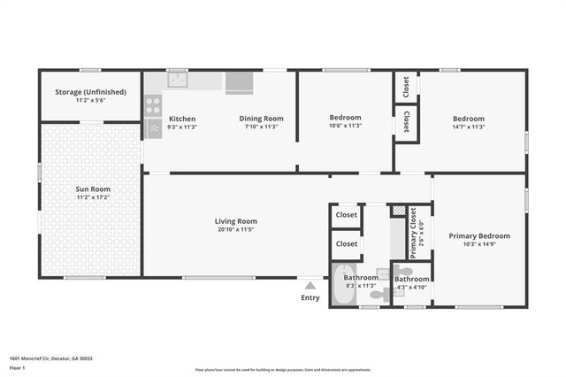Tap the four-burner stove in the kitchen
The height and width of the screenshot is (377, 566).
tap(152, 104)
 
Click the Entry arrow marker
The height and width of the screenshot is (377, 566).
tap(310, 286)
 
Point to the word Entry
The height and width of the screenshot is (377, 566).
tap(310, 298)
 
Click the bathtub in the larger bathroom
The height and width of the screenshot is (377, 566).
tap(343, 288)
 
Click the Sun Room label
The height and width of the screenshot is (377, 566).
tap(89, 189)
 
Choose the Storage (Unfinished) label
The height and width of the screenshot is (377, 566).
tap(90, 92)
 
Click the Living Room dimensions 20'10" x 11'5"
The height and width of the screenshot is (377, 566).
tap(235, 230)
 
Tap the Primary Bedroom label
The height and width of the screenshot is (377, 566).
tap(478, 235)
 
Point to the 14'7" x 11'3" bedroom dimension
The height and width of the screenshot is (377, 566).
tap(469, 127)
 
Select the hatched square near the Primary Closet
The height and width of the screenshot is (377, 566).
tap(399, 211)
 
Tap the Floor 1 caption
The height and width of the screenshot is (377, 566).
tap(18, 367)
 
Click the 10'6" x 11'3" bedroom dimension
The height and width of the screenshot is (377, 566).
tap(345, 127)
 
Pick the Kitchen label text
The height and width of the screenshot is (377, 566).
tap(182, 119)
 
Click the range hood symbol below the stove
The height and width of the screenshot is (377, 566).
tap(152, 127)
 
